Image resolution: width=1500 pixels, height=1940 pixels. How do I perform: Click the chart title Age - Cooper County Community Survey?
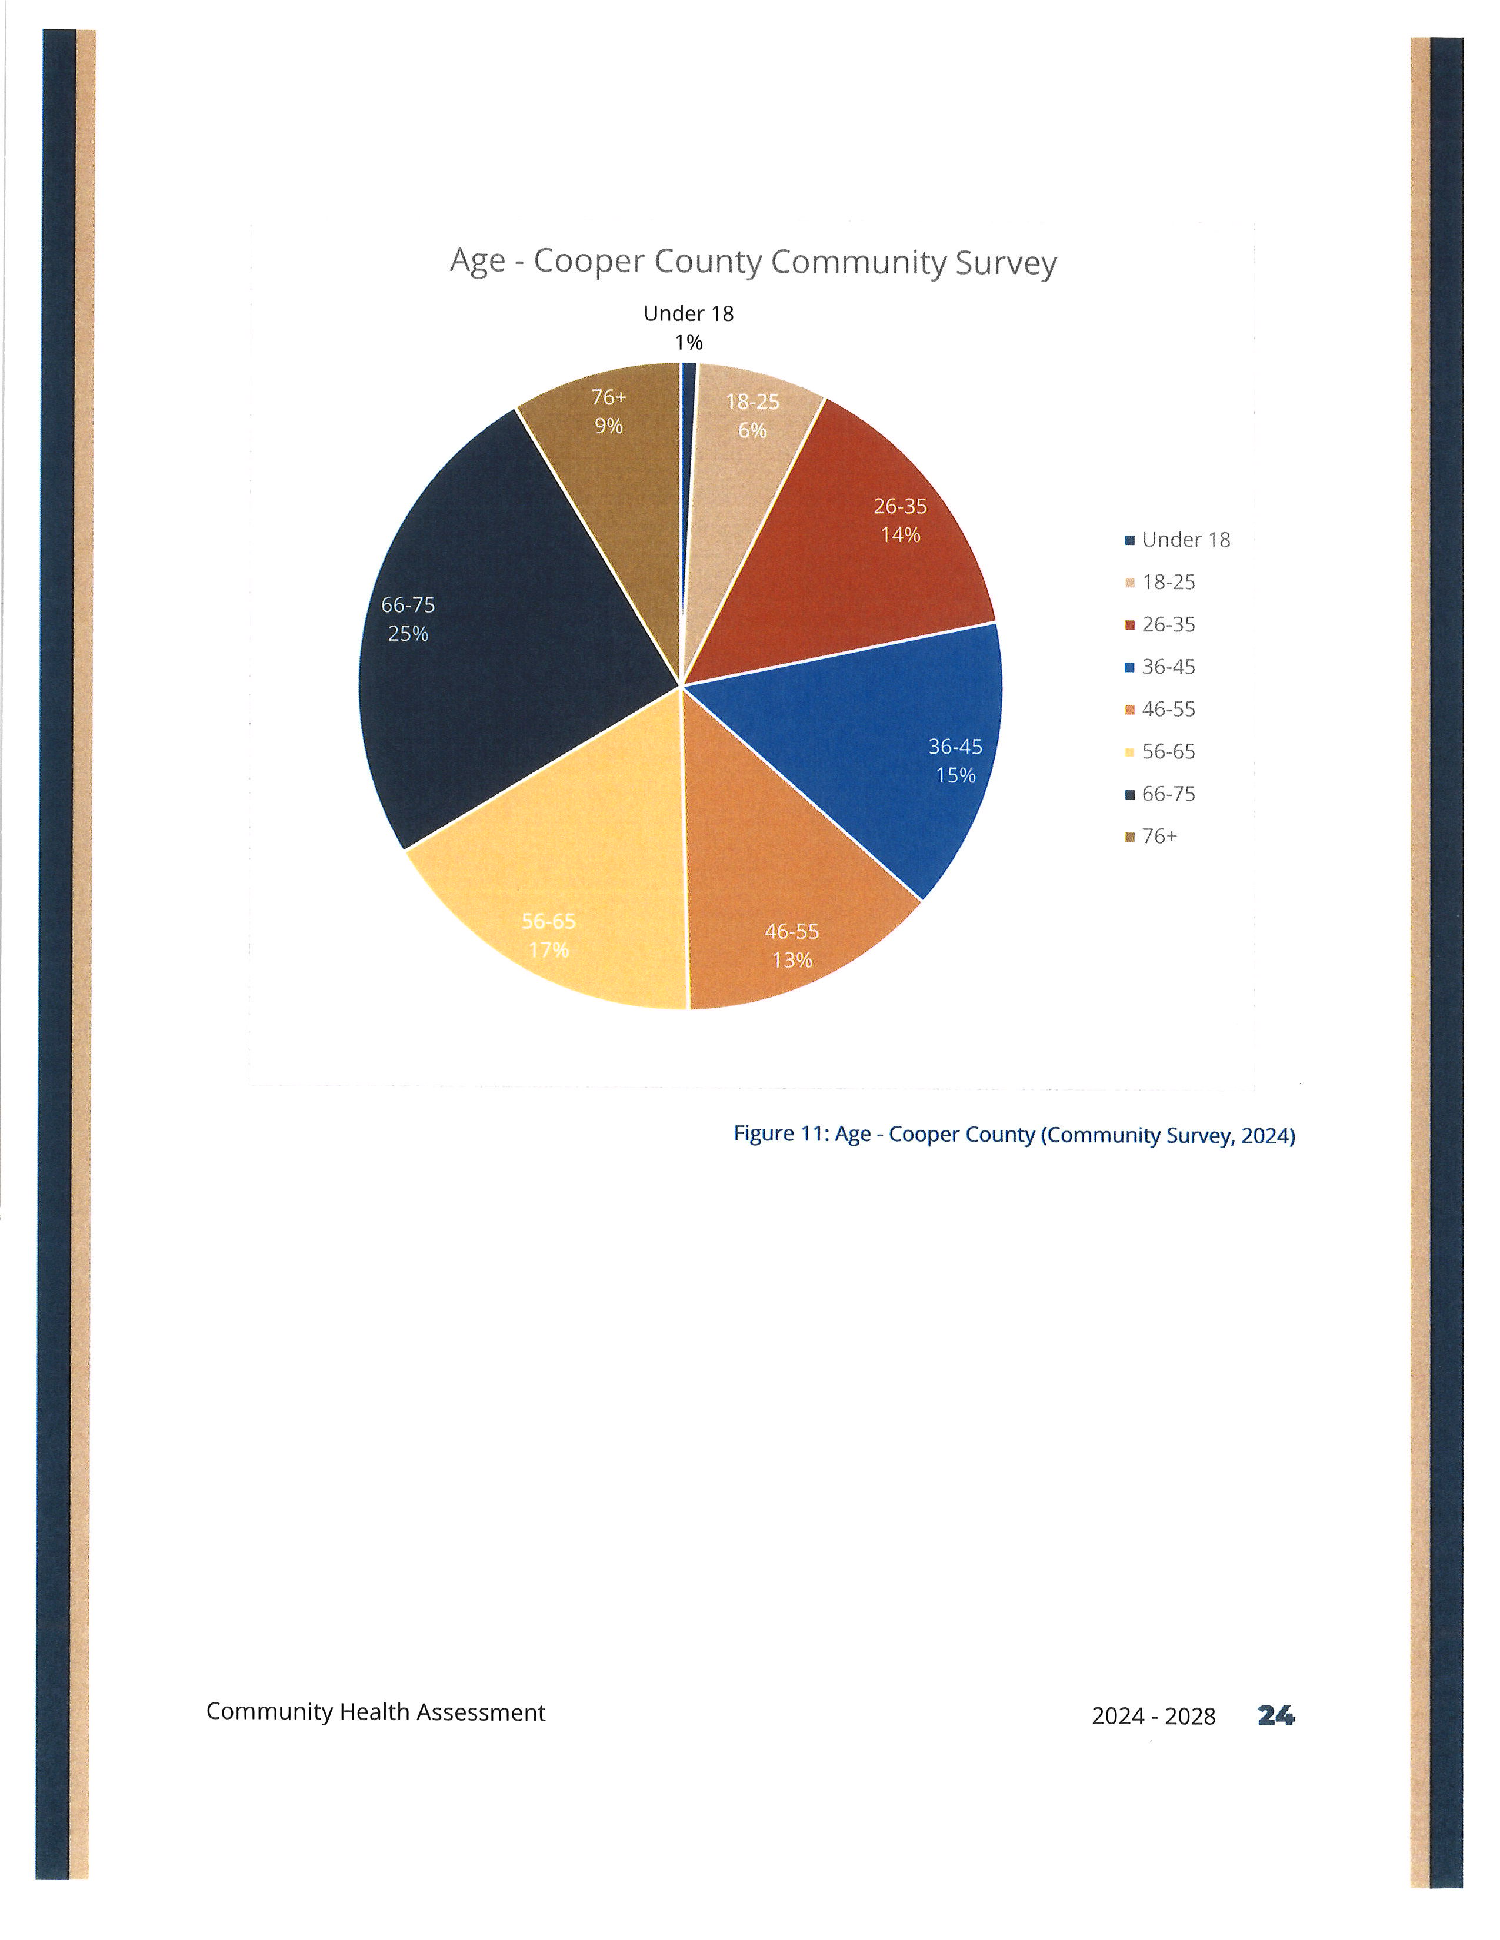pyautogui.click(x=753, y=262)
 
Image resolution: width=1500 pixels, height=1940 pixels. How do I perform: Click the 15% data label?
pyautogui.click(x=955, y=775)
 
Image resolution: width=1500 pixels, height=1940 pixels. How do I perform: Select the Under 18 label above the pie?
pyautogui.click(x=689, y=313)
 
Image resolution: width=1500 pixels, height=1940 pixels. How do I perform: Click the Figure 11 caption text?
pyautogui.click(x=1014, y=1135)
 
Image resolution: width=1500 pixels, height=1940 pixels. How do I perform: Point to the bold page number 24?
pyautogui.click(x=1276, y=1715)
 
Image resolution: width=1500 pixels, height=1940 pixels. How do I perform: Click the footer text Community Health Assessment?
pyautogui.click(x=376, y=1712)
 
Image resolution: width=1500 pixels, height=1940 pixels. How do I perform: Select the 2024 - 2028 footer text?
pyautogui.click(x=1154, y=1716)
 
